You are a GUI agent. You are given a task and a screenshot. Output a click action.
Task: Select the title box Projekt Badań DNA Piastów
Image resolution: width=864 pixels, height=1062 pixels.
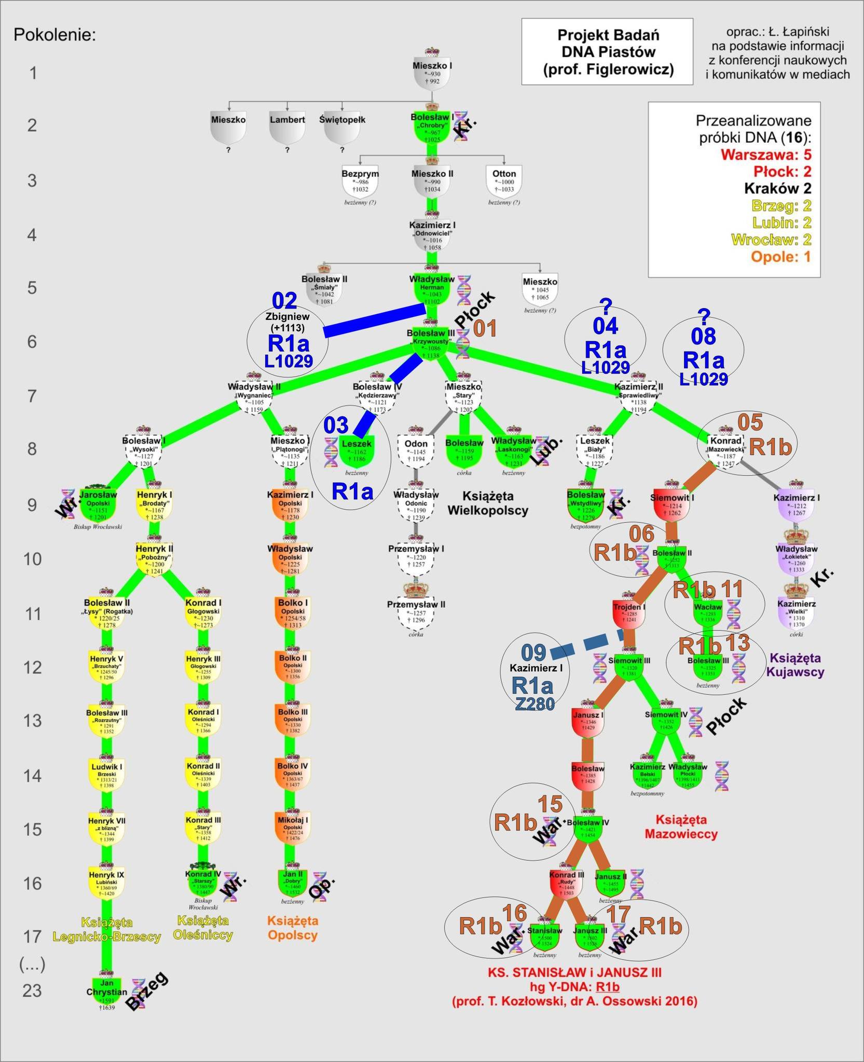click(x=607, y=52)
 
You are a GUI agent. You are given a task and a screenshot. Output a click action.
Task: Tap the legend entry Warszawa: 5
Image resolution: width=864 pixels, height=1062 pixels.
click(x=766, y=155)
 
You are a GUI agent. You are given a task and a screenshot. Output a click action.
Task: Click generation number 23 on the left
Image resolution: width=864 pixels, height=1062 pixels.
click(x=32, y=991)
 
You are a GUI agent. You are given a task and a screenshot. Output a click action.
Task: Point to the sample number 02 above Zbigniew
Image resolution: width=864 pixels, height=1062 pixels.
click(x=284, y=301)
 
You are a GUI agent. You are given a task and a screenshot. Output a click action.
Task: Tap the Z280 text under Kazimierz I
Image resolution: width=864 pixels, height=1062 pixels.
click(x=534, y=704)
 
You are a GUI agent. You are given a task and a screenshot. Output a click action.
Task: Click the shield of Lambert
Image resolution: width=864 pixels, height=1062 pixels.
click(x=287, y=128)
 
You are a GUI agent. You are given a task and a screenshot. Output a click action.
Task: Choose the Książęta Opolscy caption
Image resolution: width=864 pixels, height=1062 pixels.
click(x=292, y=928)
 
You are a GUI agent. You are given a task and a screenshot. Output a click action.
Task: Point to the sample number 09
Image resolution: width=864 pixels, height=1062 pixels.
click(x=533, y=653)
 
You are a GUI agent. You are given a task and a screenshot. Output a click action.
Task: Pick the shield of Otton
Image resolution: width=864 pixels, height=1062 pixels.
click(x=504, y=182)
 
